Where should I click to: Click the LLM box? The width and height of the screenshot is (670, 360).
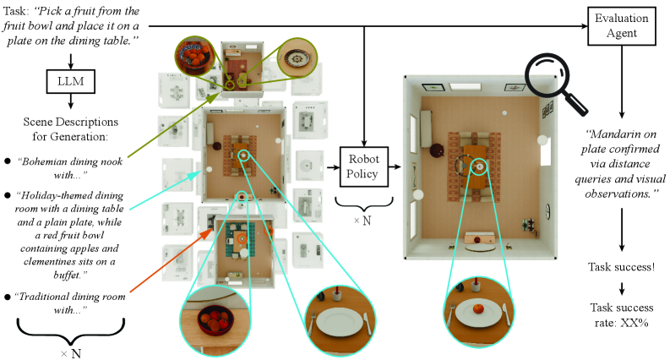point(70,81)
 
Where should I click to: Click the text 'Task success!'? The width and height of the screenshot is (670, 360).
point(621,267)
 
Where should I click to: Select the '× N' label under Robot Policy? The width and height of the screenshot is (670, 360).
point(362,221)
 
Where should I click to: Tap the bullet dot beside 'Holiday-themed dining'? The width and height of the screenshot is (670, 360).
point(8,197)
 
